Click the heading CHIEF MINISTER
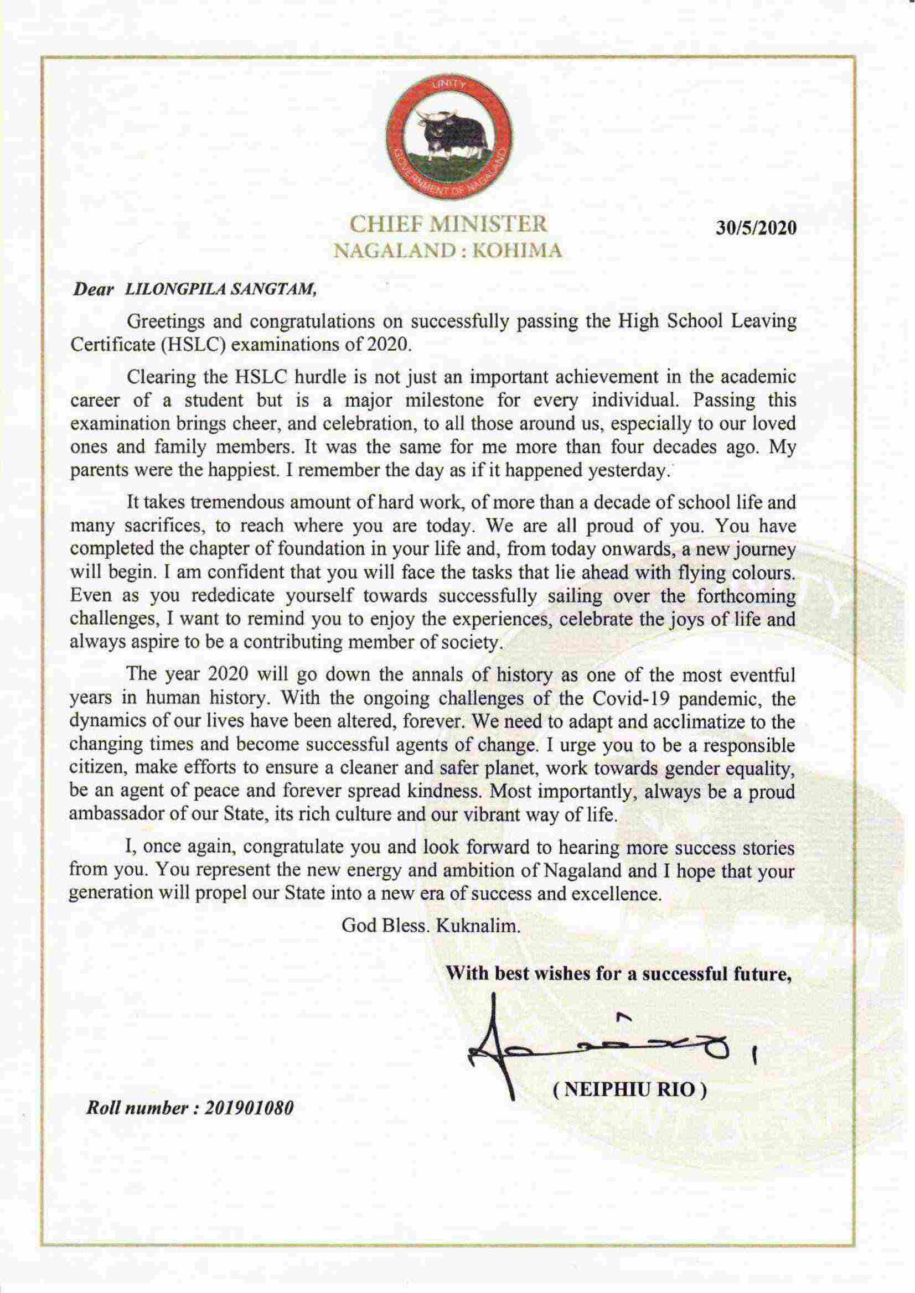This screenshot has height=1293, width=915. [448, 224]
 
